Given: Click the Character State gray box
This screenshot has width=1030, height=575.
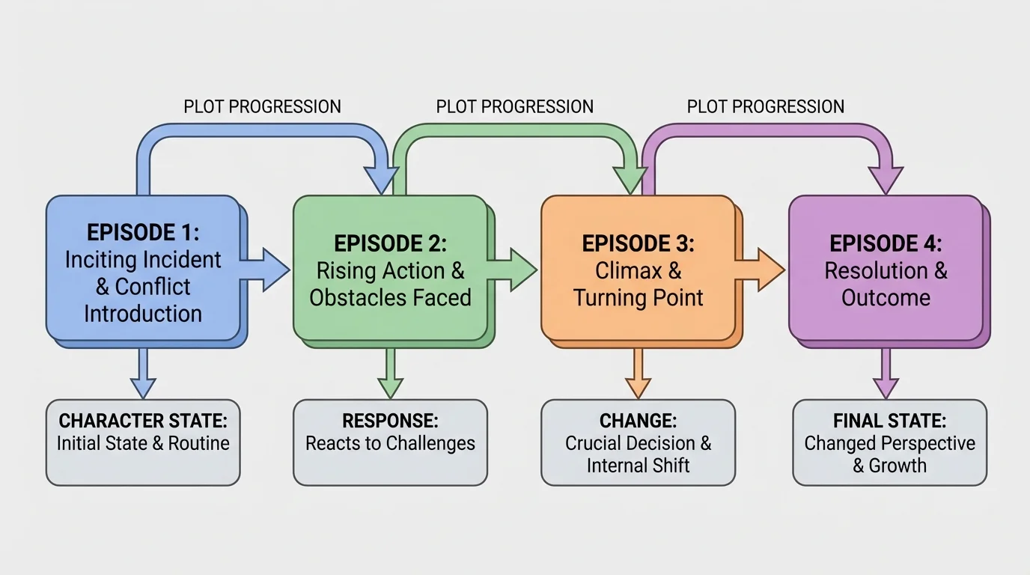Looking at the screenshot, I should click(x=143, y=442).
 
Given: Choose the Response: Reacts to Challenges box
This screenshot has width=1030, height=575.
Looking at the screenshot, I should click(x=390, y=442).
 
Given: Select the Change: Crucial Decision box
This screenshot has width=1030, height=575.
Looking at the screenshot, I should click(x=638, y=442).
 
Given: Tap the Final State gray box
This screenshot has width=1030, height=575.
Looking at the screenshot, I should click(x=889, y=442).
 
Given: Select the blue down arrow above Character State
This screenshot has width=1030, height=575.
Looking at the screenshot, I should click(x=143, y=374).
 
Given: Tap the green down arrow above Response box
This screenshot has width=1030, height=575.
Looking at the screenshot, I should click(x=390, y=374).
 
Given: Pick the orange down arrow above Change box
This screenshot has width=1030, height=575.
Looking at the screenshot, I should click(x=637, y=374).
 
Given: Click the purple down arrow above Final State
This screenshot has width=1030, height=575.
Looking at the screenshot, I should click(x=886, y=374).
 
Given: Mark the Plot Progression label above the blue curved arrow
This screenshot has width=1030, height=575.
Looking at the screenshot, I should click(x=262, y=107).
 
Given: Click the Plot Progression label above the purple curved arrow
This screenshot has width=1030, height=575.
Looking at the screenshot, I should click(x=766, y=107).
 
